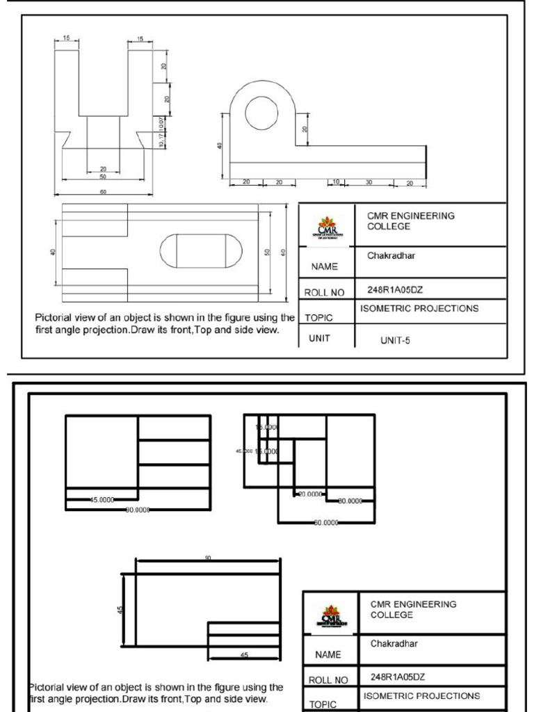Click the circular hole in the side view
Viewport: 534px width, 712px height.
click(x=261, y=112)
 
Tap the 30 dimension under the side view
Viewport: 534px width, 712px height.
click(x=369, y=182)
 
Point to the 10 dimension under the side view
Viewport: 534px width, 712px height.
click(x=335, y=182)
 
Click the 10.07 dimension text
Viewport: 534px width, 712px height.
click(x=161, y=124)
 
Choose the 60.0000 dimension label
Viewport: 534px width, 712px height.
click(x=326, y=521)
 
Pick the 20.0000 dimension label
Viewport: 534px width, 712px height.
click(x=309, y=494)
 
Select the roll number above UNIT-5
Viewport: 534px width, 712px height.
click(x=395, y=290)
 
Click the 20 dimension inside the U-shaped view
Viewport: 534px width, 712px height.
click(x=103, y=169)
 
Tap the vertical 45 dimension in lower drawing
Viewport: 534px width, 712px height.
click(x=120, y=610)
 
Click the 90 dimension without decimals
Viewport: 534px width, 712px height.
click(x=207, y=558)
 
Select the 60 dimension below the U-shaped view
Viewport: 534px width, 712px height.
click(x=103, y=192)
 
